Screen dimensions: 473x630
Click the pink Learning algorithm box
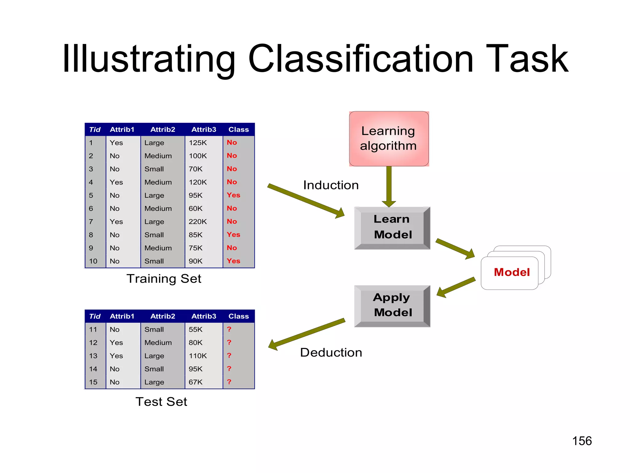point(389,139)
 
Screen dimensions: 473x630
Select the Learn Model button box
point(392,227)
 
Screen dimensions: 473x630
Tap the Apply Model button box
point(392,305)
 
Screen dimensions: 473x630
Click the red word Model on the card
point(512,272)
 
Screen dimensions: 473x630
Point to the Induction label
point(331,185)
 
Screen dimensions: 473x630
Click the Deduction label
point(331,352)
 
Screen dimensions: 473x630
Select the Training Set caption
point(164,279)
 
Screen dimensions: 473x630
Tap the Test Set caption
point(161,402)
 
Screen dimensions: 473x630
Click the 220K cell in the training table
point(198,222)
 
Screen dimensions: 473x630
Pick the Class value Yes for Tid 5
point(233,195)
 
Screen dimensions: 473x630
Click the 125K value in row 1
point(198,143)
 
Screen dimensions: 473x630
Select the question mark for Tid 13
point(229,356)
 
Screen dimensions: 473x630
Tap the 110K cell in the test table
point(198,356)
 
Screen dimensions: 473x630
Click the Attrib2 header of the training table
point(163,130)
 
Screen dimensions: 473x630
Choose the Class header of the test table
point(238,316)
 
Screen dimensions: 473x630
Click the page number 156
point(582,441)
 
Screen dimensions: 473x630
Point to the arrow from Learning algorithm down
point(389,186)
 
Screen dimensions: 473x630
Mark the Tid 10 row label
point(93,261)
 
